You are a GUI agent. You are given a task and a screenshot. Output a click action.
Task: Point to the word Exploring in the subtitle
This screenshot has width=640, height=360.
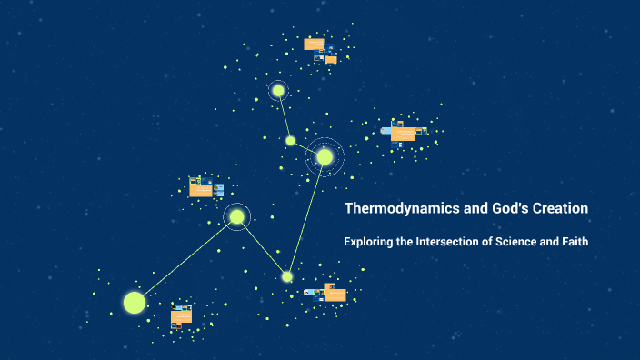[x=370, y=242]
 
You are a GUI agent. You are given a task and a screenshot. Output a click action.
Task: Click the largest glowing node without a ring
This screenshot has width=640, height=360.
[x=134, y=302]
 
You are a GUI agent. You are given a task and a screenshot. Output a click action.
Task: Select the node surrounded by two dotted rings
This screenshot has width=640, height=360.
[x=325, y=156]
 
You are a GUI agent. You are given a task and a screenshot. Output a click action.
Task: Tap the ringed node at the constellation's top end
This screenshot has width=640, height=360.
[x=278, y=91]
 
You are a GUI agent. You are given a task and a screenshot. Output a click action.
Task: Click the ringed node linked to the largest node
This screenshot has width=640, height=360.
[x=236, y=216]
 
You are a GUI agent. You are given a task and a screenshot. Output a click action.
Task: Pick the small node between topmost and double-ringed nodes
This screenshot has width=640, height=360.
[x=290, y=140]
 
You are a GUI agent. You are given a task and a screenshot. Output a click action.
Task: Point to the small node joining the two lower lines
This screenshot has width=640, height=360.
[x=287, y=276]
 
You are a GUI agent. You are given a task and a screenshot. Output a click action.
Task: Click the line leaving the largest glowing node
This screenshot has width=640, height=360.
[x=185, y=259]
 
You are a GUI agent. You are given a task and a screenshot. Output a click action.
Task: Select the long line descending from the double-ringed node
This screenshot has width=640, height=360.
[x=306, y=216]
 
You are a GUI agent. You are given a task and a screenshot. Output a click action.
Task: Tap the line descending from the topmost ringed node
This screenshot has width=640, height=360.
[x=284, y=115]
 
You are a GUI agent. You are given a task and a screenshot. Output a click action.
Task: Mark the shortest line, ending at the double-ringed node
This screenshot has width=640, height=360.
[x=306, y=148]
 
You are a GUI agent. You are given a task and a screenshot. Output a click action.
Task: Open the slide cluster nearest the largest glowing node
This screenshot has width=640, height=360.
[x=181, y=316]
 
